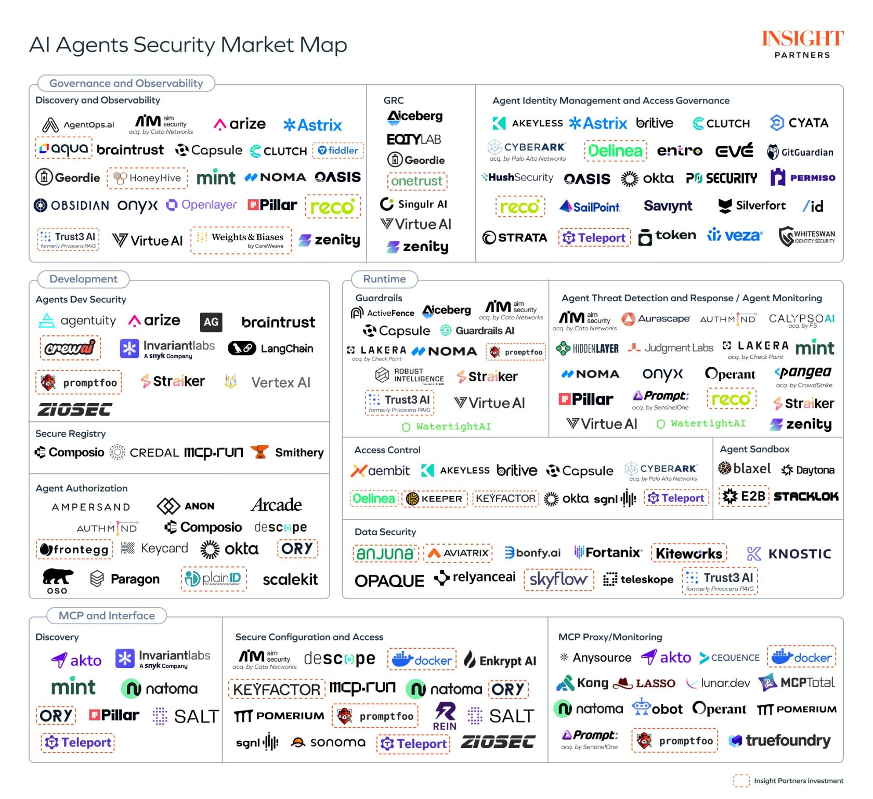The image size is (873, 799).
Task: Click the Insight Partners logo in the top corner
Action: [802, 44]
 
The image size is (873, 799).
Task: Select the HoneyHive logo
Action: [148, 178]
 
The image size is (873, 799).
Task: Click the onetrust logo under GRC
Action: [417, 181]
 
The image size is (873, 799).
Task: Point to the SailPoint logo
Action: [590, 207]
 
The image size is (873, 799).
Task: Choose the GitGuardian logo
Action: [800, 152]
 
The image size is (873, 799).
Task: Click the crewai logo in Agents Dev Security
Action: [70, 347]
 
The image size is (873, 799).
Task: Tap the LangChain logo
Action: [270, 349]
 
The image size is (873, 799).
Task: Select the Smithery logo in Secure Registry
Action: [288, 453]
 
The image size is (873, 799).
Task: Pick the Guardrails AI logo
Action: [477, 330]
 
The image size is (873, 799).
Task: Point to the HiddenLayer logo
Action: [588, 348]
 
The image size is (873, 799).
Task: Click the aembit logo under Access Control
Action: [381, 471]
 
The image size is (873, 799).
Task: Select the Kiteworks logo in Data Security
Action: [689, 553]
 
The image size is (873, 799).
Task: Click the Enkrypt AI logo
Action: [500, 661]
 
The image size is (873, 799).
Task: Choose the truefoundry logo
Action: [780, 740]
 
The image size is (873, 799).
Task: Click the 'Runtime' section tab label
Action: [384, 279]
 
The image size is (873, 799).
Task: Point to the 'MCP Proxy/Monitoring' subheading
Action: [610, 637]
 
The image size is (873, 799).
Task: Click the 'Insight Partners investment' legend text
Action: [799, 781]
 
